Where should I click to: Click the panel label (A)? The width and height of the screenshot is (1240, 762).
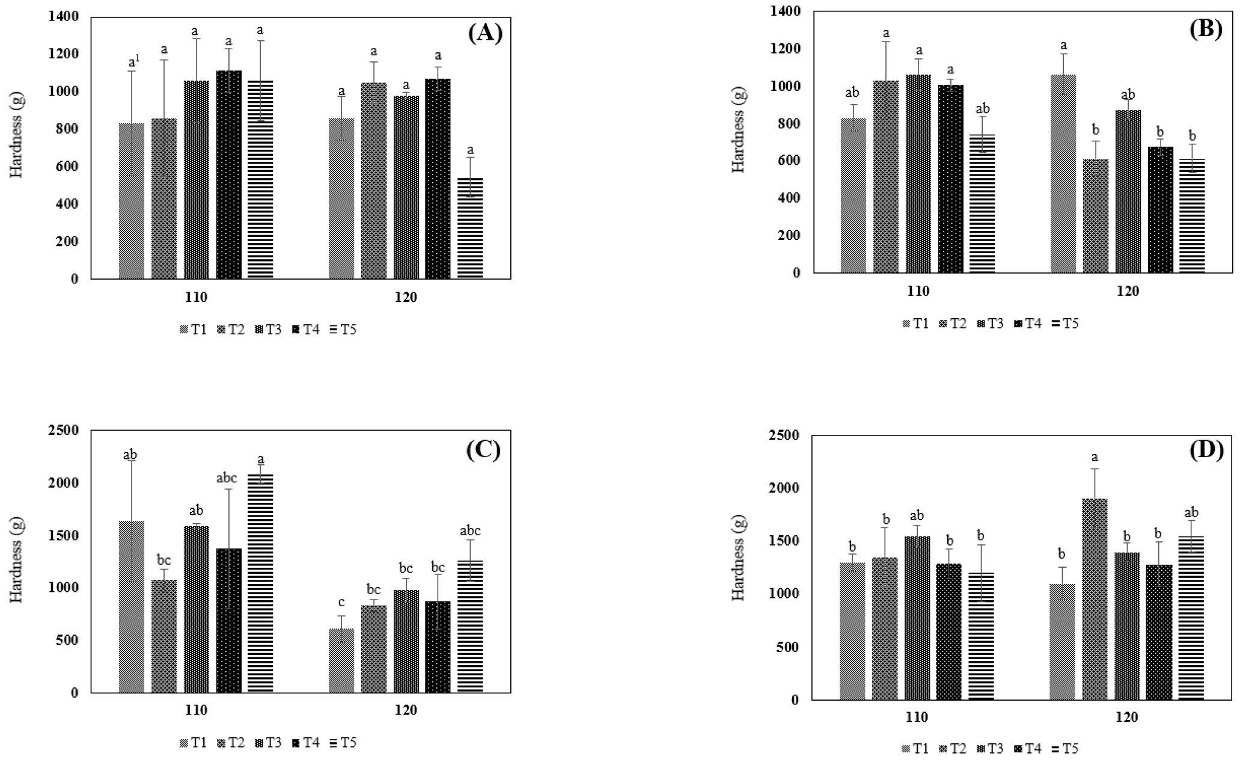click(484, 34)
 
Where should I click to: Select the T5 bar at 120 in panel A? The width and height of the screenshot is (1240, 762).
click(470, 229)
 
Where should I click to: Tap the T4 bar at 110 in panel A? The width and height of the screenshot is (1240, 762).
click(229, 174)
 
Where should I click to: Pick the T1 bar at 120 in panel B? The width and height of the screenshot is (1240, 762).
click(1063, 174)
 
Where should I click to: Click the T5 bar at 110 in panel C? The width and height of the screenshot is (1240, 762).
click(260, 583)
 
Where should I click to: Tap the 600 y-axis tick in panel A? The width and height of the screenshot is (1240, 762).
click(68, 167)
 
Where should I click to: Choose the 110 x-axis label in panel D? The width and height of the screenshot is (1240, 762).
click(917, 717)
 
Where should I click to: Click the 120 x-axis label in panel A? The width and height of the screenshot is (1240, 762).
click(406, 298)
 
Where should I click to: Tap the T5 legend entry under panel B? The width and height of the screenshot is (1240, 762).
click(1065, 324)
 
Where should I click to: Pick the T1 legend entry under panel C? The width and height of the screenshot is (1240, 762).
click(193, 743)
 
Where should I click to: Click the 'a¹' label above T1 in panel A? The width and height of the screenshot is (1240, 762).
click(133, 62)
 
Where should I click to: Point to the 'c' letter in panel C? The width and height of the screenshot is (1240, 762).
click(341, 602)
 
